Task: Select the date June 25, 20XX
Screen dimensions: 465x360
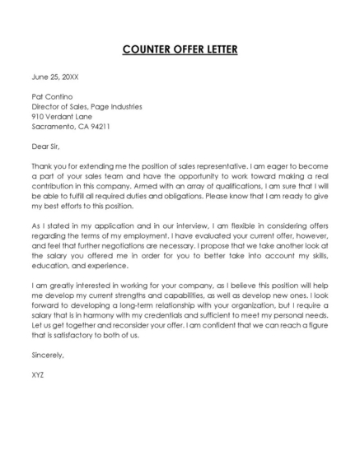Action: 55,77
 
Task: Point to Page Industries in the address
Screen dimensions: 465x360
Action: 117,106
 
